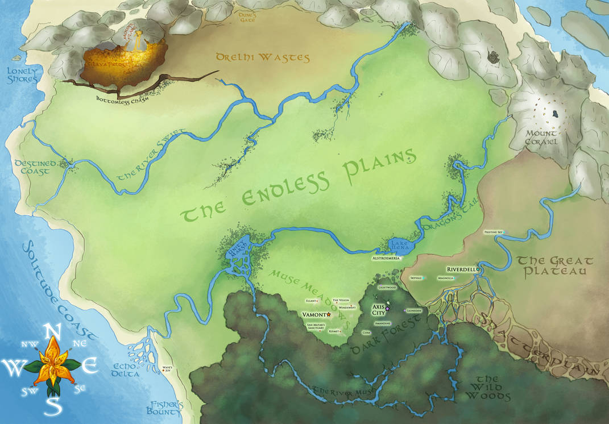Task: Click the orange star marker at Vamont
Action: tap(329, 314)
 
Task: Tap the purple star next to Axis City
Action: tap(388, 308)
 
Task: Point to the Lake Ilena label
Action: tap(400, 246)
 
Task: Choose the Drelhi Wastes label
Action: tap(262, 57)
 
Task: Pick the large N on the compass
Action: tap(53, 330)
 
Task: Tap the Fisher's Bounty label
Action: tap(165, 409)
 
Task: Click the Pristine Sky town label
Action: tap(492, 232)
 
